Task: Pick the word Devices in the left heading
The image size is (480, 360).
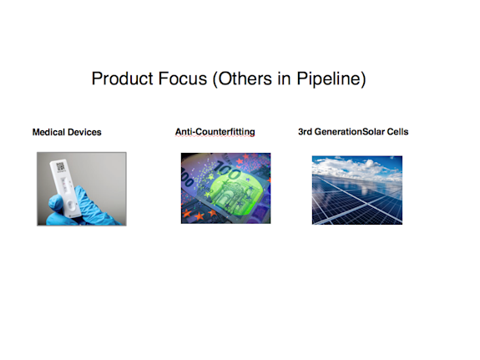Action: [85, 132]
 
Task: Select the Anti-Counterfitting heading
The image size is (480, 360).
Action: [215, 132]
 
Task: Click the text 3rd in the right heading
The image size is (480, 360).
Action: [306, 132]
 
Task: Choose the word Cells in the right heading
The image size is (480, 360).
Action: [397, 132]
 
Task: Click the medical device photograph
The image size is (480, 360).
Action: [81, 188]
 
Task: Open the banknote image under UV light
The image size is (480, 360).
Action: [225, 188]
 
